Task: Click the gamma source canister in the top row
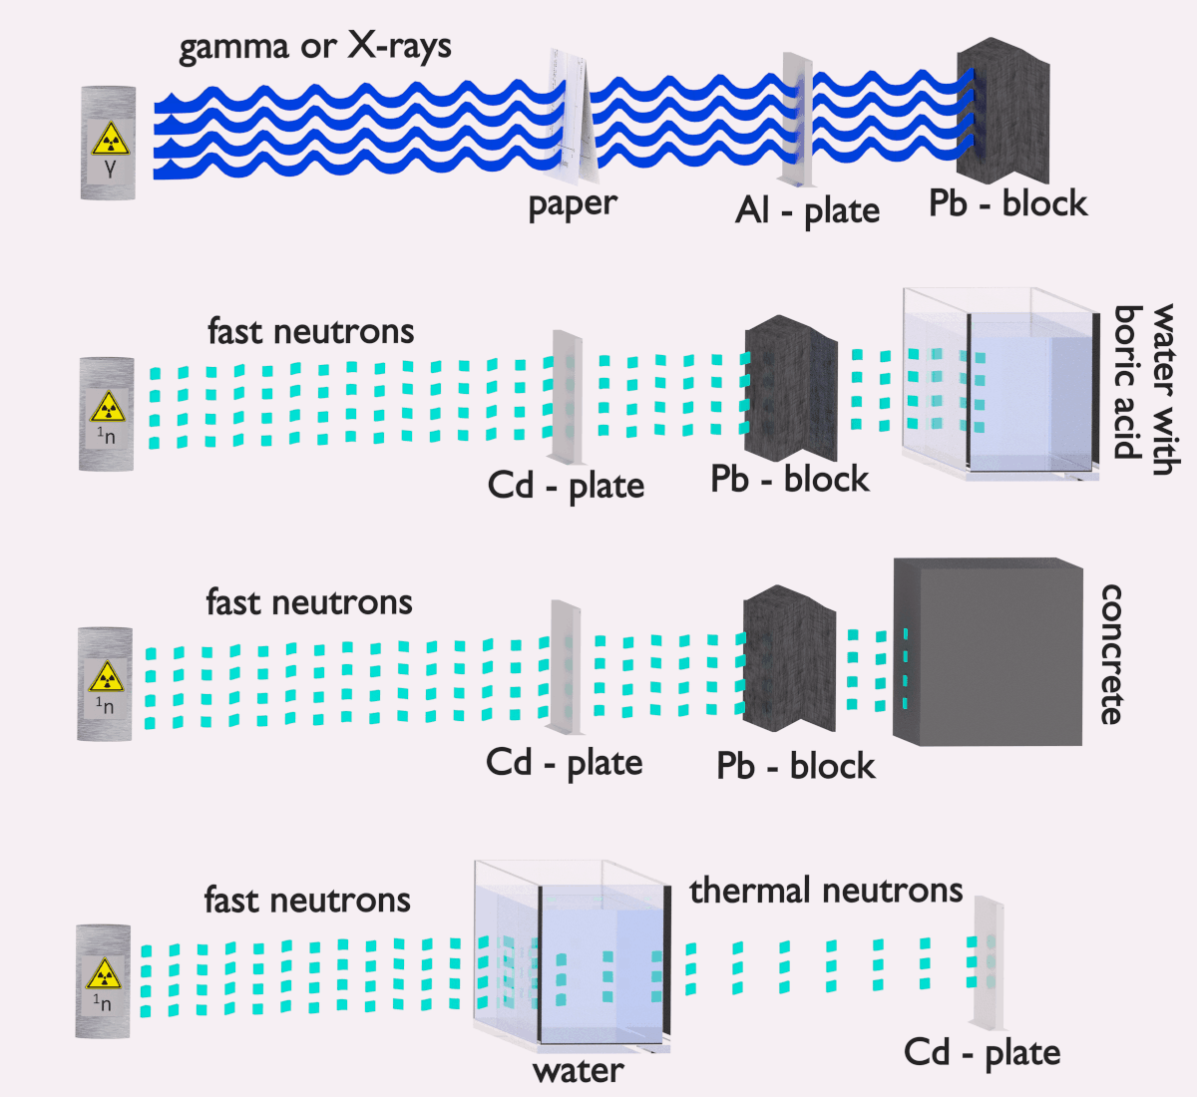(108, 143)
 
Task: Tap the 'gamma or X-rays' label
(314, 48)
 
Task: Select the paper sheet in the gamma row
(574, 118)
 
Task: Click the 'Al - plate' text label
(807, 210)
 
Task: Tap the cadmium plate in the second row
(567, 397)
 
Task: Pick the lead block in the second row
(791, 388)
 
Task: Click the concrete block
(988, 652)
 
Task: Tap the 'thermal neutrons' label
(826, 890)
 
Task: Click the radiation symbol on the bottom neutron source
(103, 973)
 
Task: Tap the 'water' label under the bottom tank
(578, 1071)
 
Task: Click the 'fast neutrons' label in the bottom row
(307, 900)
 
